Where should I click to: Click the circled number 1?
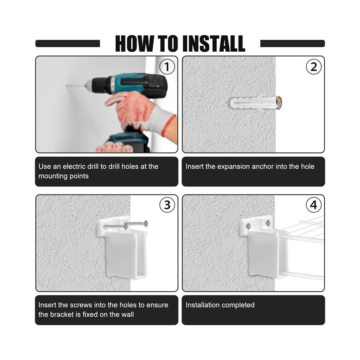(167, 67)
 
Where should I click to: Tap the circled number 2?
(313, 67)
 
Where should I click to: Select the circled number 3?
(167, 205)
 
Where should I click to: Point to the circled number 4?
(313, 205)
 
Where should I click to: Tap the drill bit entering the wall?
(76, 86)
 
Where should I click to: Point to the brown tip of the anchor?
(279, 103)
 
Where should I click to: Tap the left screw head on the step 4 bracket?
(248, 227)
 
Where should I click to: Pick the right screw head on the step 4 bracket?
(268, 222)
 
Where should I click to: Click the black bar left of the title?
(68, 43)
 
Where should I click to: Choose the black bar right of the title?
(292, 43)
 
